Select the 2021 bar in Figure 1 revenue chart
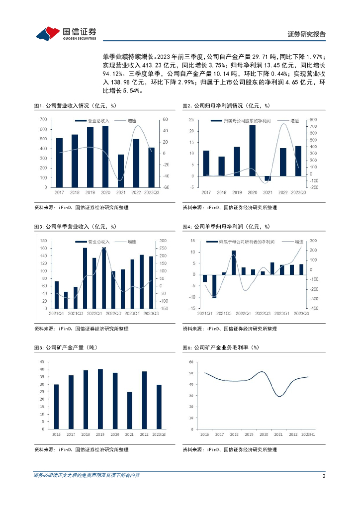pos(121,170)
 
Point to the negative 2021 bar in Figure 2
pos(268,178)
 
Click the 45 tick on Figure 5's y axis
pos(43,361)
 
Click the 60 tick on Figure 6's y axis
pos(191,361)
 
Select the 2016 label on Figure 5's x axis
pos(57,434)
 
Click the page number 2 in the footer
pos(324,476)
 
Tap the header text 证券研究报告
pos(307,34)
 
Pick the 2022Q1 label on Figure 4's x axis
pos(243,313)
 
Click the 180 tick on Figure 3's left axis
pos(43,241)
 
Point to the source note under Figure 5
pos(82,450)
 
